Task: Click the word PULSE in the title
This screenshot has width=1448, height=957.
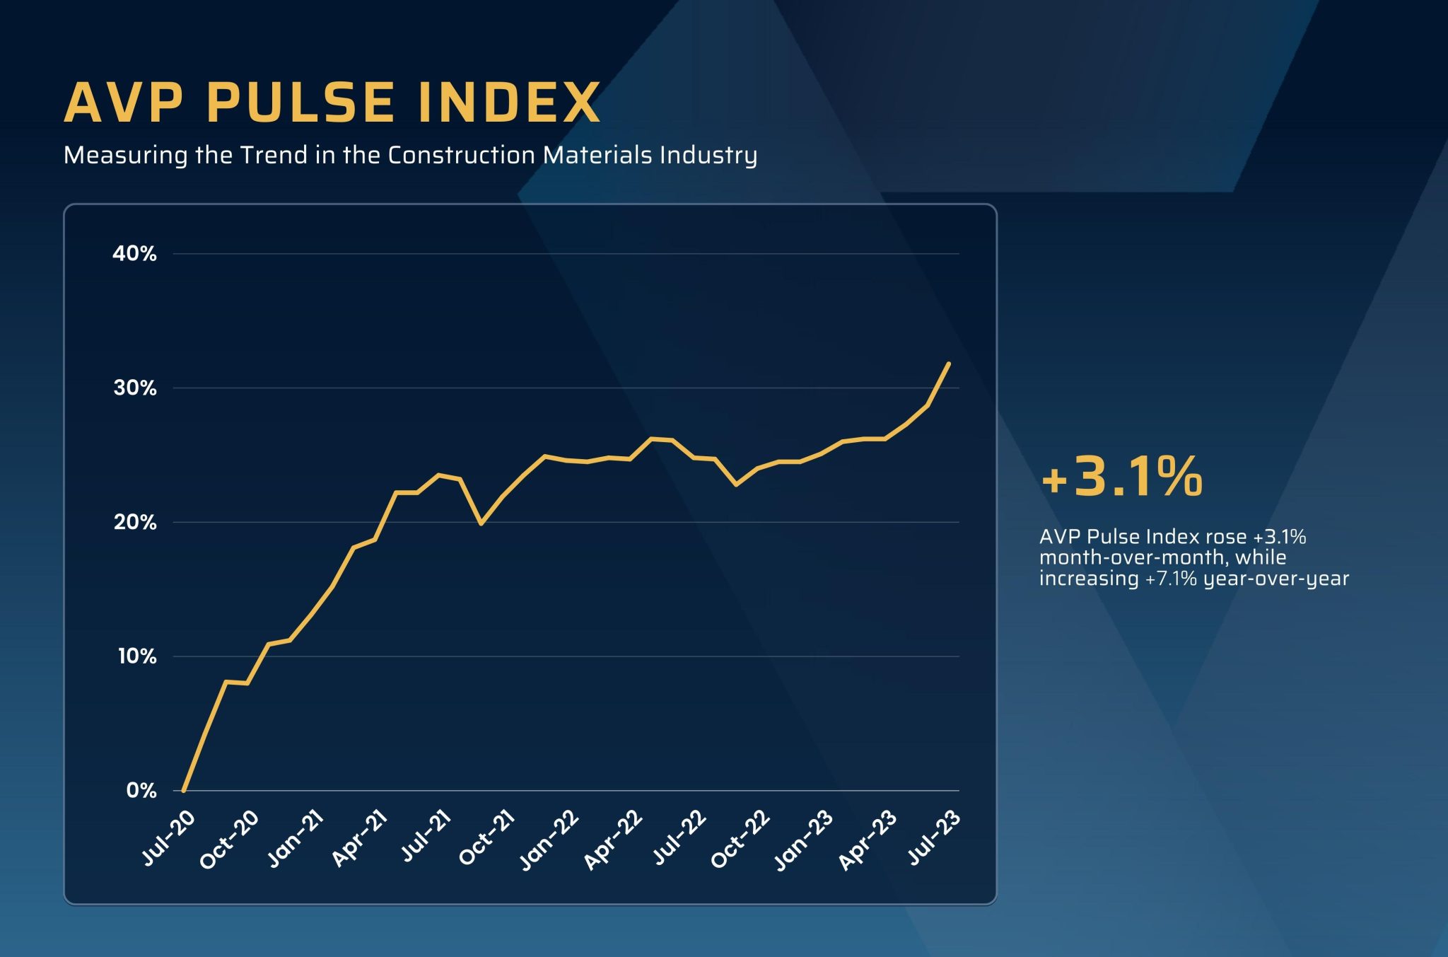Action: (300, 103)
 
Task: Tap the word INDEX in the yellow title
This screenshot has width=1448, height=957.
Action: (509, 103)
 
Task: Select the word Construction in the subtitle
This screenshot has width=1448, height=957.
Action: (461, 155)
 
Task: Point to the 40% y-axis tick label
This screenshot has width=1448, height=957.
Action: (134, 253)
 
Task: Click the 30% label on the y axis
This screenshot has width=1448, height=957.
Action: (134, 388)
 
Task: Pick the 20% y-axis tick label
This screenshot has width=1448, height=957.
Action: (134, 522)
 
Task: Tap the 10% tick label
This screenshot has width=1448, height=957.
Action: (136, 656)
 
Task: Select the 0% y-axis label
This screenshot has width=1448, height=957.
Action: (141, 790)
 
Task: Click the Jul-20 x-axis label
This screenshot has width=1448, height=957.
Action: (168, 838)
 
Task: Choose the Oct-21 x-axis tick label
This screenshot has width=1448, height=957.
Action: (486, 839)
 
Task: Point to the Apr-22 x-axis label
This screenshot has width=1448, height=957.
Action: (613, 840)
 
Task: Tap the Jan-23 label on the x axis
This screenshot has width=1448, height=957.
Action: (803, 840)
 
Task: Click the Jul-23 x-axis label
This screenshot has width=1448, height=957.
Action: (934, 838)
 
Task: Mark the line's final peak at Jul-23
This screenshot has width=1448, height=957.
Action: (948, 364)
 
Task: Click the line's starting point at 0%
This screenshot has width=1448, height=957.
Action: (184, 790)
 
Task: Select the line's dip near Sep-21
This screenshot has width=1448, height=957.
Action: (481, 523)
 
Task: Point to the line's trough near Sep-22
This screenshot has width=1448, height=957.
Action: (736, 485)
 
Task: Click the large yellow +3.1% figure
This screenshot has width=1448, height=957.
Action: (1122, 477)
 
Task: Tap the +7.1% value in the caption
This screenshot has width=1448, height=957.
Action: (1171, 579)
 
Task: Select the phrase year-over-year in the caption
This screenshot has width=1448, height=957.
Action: (1276, 579)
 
